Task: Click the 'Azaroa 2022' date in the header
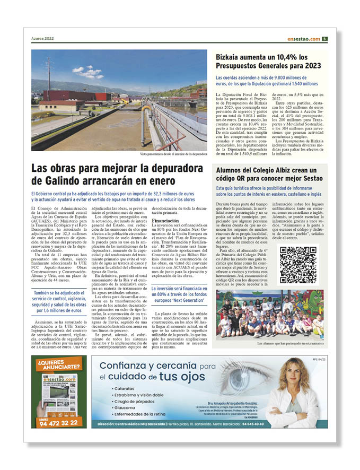(43, 39)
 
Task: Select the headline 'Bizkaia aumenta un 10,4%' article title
(268, 61)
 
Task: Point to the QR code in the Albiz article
(298, 265)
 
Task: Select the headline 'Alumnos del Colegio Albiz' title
(269, 174)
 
